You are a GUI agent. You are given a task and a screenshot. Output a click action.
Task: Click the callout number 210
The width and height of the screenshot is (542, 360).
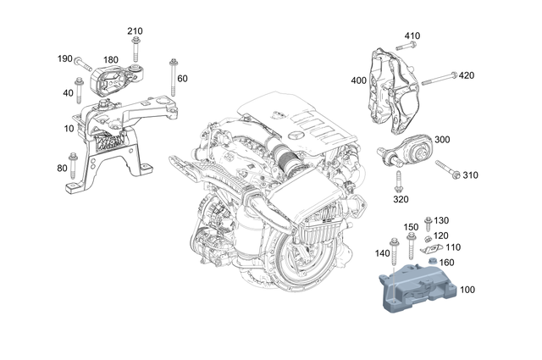pos(135,31)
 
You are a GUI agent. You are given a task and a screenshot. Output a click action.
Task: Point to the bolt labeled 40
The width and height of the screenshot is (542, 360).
pos(78,88)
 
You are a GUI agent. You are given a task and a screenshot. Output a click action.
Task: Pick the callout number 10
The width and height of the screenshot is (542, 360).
pos(68,128)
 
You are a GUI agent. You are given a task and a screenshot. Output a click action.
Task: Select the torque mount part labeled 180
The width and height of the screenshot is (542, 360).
pos(113,81)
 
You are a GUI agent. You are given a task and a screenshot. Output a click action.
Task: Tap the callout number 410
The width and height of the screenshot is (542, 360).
pos(412,36)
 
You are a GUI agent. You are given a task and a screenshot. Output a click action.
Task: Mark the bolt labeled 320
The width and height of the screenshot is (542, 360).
pos(397,181)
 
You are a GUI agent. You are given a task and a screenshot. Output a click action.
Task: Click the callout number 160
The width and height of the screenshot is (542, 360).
pos(445,262)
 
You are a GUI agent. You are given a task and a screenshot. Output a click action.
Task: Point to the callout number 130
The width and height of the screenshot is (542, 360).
pos(441,220)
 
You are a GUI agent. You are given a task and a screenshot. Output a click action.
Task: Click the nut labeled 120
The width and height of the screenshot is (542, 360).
pos(430,236)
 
